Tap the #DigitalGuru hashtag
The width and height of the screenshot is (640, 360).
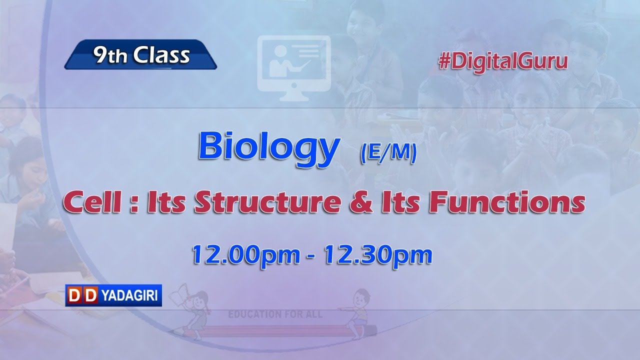[503, 61]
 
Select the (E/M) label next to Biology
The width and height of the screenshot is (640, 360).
[388, 154]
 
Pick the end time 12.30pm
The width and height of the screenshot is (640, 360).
[378, 255]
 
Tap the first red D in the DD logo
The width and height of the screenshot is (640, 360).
[74, 295]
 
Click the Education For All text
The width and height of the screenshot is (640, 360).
[275, 314]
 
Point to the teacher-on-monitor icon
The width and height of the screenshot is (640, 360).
[293, 63]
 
